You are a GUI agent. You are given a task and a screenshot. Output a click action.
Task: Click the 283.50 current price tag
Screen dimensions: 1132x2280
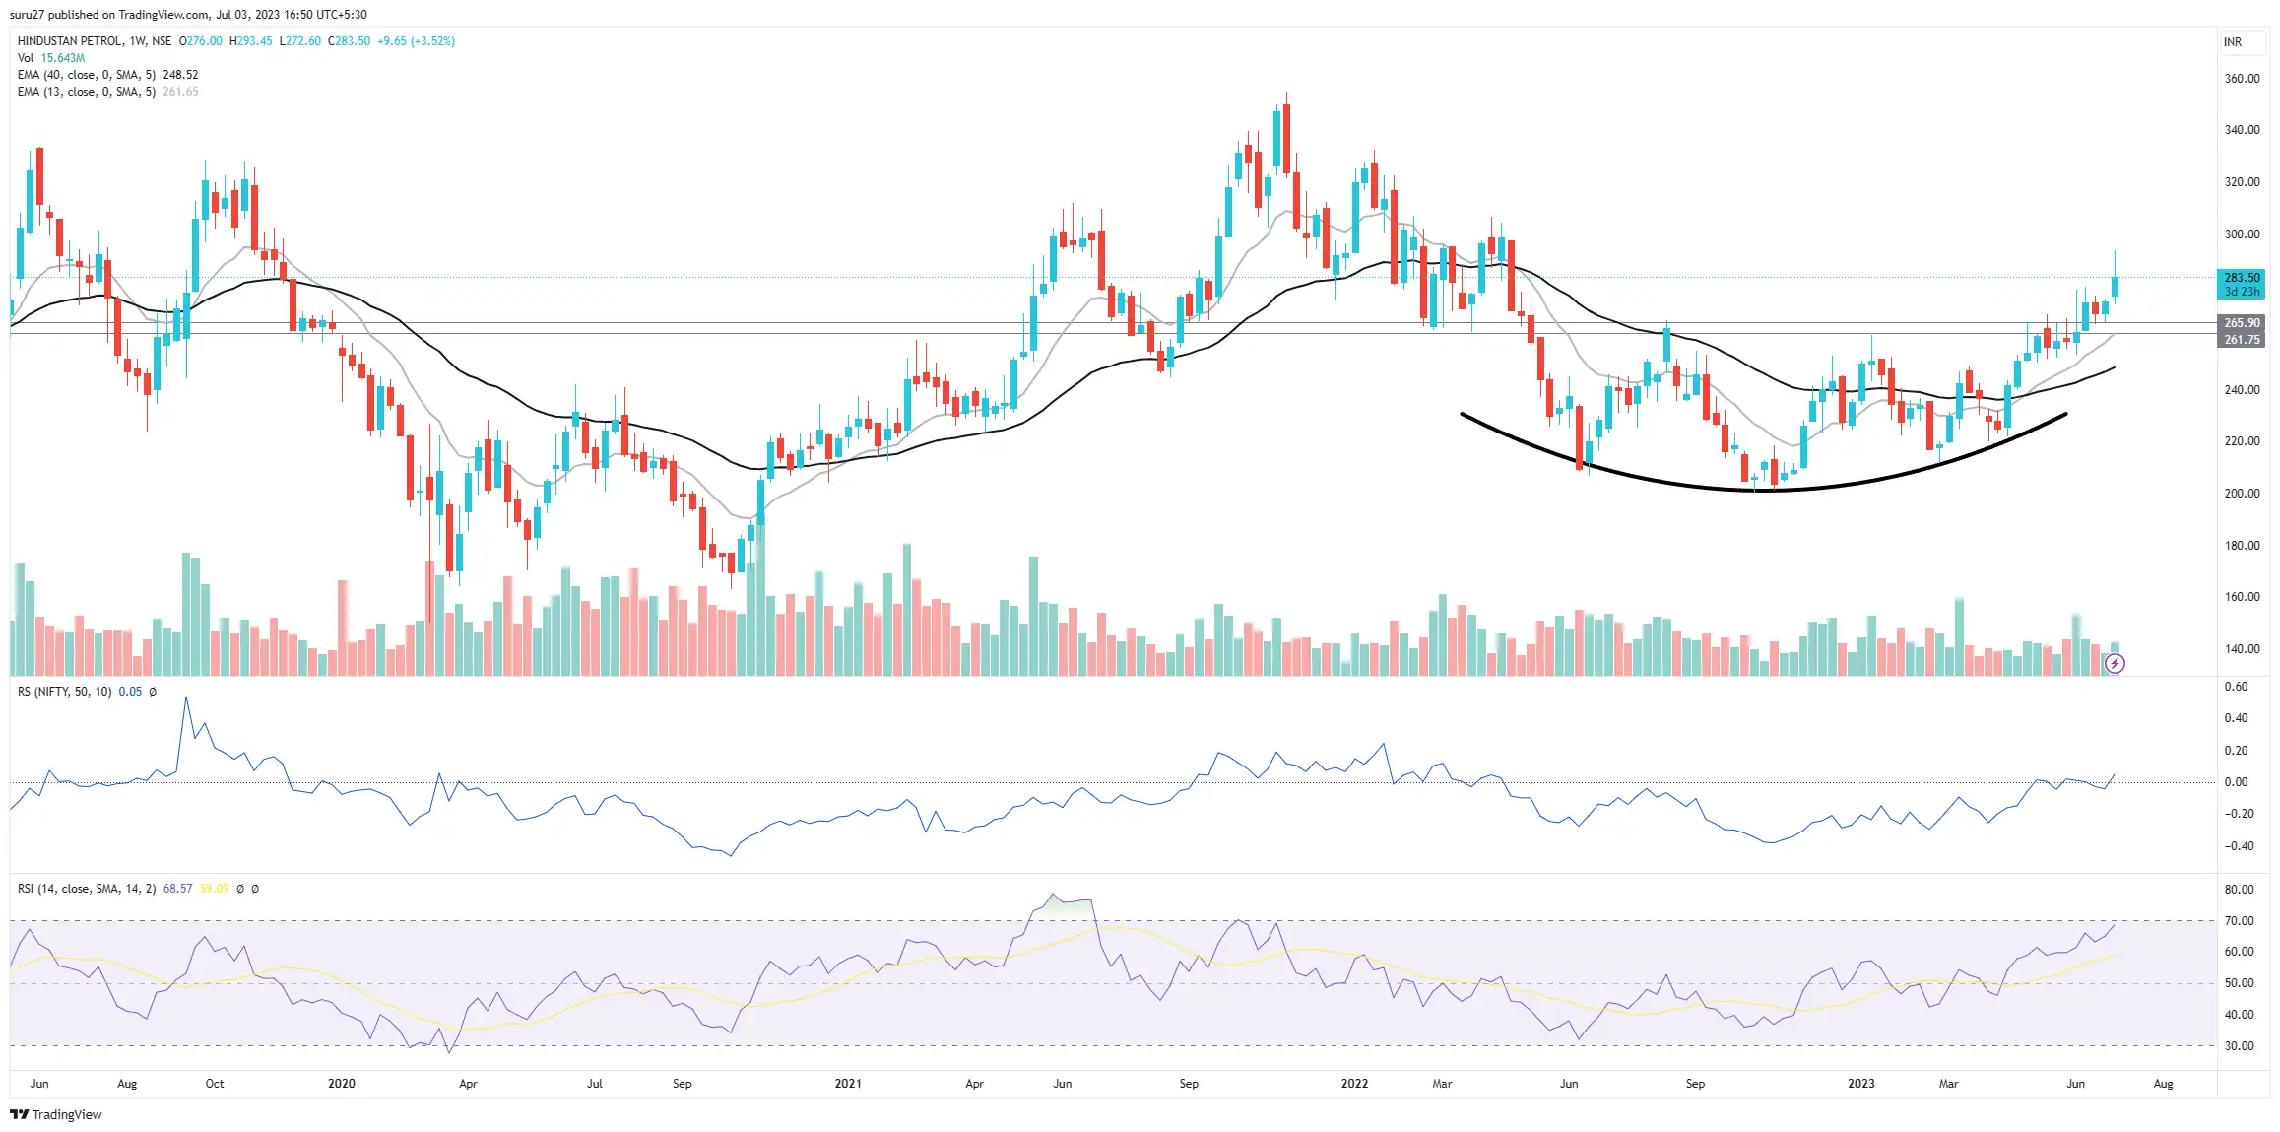tap(2241, 278)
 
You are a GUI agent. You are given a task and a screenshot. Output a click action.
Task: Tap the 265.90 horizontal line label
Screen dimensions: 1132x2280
tap(2241, 323)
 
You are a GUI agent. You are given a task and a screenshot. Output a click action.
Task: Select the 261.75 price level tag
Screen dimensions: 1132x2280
tap(2241, 340)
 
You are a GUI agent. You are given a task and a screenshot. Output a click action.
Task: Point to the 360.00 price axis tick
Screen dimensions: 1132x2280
tap(2242, 79)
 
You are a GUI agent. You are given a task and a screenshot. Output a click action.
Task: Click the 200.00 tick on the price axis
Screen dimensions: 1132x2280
tap(2242, 494)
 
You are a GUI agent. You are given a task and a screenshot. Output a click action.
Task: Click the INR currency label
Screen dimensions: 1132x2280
tap(2232, 42)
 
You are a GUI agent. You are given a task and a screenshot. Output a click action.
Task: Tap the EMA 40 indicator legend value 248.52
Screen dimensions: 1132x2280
tap(180, 75)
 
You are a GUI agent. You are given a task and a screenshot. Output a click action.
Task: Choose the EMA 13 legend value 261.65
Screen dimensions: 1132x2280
tap(180, 92)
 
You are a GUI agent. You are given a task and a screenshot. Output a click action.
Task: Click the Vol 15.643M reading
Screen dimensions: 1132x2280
tap(62, 58)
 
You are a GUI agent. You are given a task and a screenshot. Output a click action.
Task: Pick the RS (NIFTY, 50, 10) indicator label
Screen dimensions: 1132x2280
tap(64, 692)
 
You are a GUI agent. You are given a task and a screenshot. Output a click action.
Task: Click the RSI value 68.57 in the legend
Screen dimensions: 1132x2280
tap(177, 889)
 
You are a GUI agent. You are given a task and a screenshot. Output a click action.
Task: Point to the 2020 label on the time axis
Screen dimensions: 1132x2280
tap(341, 1084)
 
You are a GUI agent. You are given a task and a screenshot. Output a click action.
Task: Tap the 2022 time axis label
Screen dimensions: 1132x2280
tap(1354, 1084)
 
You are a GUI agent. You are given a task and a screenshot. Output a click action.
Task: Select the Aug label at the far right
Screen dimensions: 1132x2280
tap(2163, 1084)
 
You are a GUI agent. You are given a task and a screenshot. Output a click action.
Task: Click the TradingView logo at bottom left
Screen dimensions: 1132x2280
tap(56, 1114)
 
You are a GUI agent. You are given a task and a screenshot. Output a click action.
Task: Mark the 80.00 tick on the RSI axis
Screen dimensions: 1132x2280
tap(2239, 890)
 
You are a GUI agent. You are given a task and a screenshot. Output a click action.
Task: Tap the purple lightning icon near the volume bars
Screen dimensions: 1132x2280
tap(2115, 664)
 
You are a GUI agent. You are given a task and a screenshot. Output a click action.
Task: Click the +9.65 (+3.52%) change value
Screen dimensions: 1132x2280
tap(416, 41)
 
